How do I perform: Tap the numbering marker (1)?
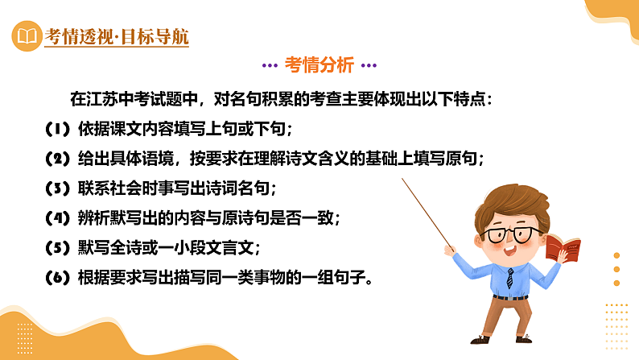point(57,129)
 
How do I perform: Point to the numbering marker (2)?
point(57,159)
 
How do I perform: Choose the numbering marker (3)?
point(57,188)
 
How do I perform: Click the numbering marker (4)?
point(57,218)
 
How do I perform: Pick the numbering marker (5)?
point(57,248)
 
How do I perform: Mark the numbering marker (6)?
point(57,279)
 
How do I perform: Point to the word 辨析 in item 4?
point(97,218)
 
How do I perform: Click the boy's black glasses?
point(506,235)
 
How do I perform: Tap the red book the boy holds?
point(563,246)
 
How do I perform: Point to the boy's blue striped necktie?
point(510,278)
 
